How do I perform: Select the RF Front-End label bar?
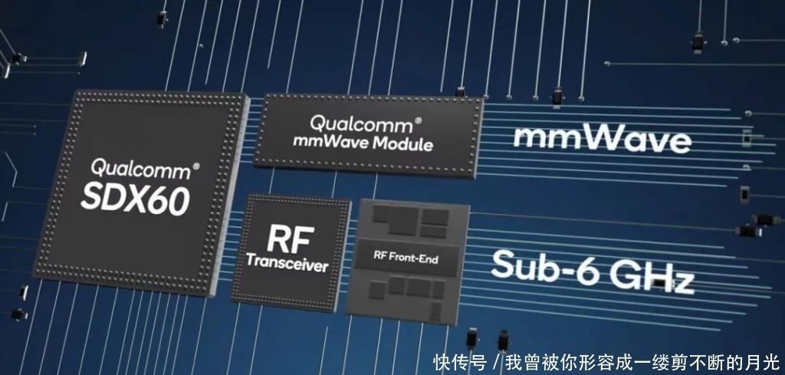click(405, 258)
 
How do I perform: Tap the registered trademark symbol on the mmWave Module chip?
click(418, 120)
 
